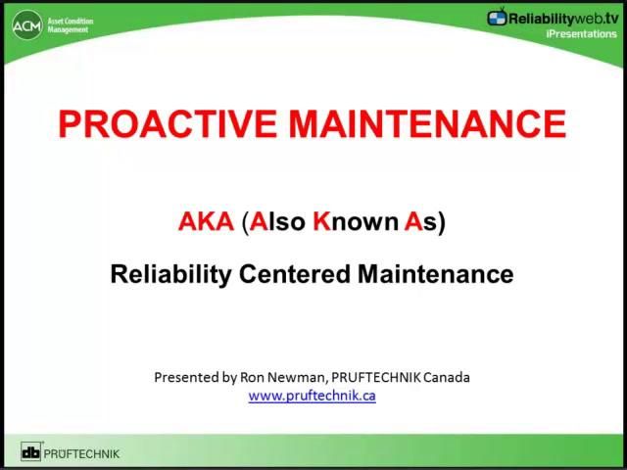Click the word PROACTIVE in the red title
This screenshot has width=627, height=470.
168,125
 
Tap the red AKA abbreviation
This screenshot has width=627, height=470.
206,222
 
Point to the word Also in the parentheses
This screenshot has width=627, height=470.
277,222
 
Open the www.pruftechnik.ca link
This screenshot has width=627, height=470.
312,396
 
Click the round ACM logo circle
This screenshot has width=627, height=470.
26,25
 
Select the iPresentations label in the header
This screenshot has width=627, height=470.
582,33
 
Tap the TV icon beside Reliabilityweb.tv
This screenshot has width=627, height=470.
499,17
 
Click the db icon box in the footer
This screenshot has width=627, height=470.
31,452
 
